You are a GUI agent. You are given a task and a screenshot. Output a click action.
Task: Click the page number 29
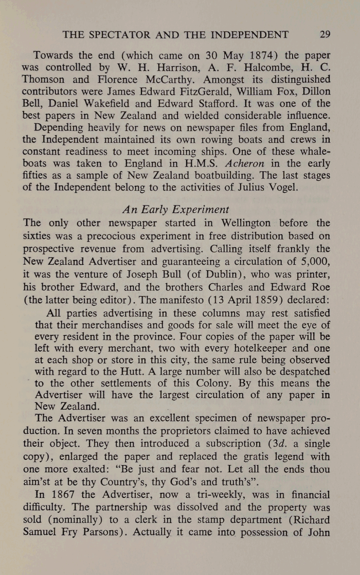click(x=325, y=35)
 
